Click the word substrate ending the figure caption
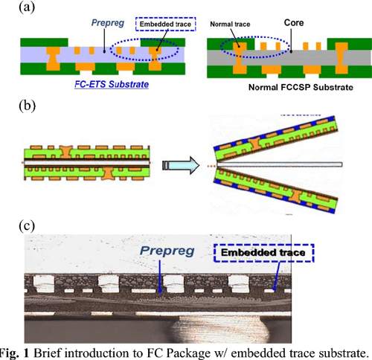pyautogui.click(x=343, y=352)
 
